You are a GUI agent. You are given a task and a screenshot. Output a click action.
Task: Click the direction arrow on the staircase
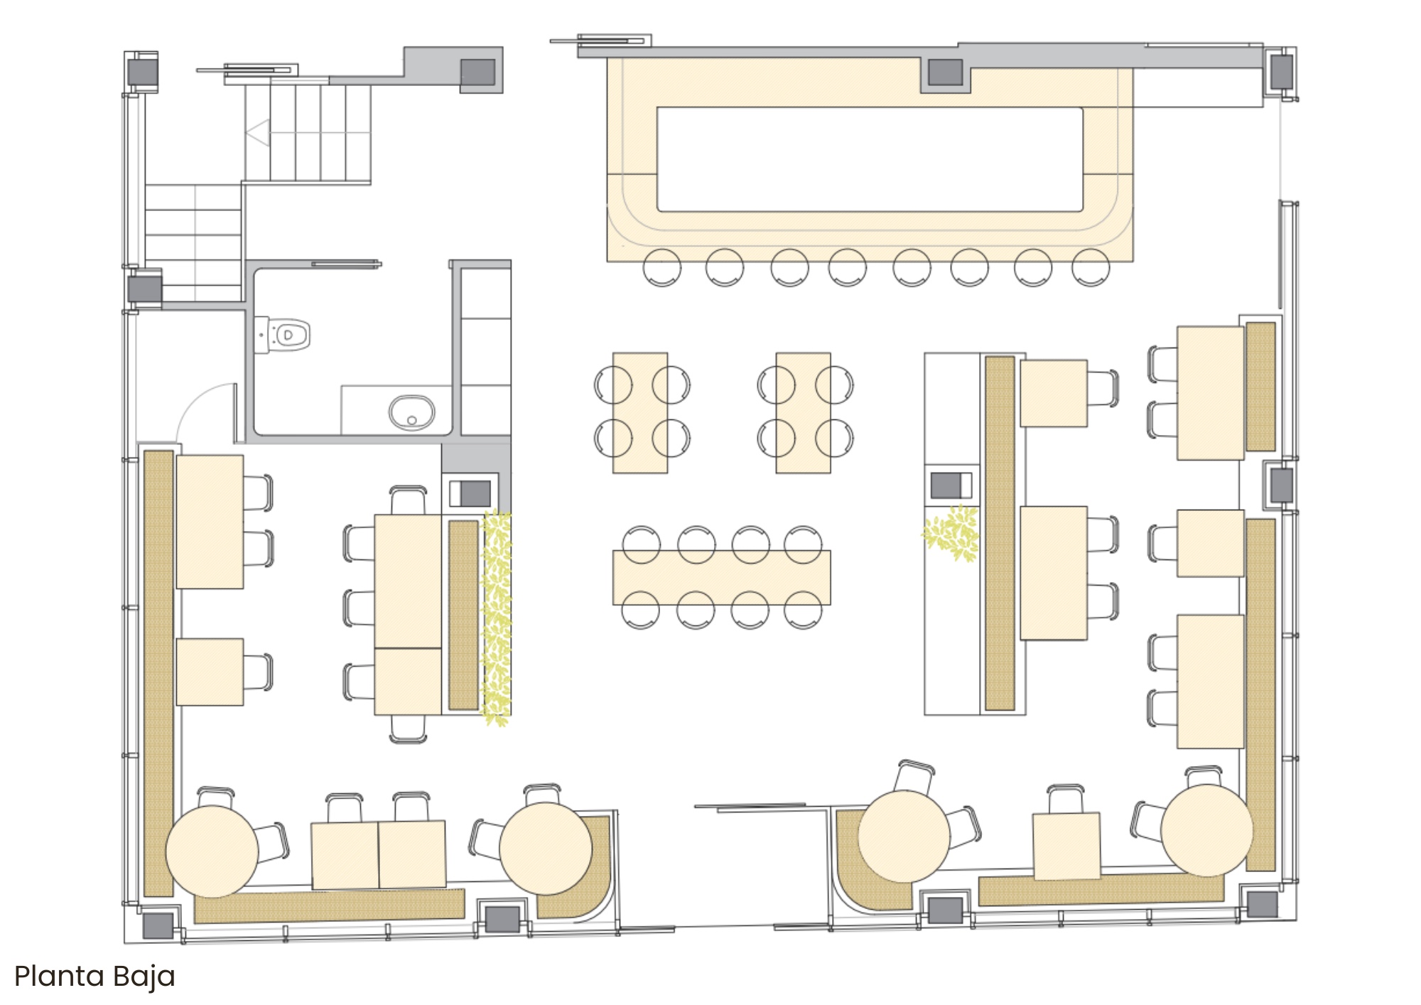click(x=258, y=133)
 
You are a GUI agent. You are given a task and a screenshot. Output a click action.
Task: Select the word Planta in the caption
click(x=59, y=977)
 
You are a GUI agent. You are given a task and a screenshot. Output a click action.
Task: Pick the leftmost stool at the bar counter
click(x=662, y=267)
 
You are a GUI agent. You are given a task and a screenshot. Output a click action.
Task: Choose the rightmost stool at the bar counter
click(x=1091, y=267)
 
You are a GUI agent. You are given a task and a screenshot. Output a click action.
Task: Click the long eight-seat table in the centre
click(x=722, y=577)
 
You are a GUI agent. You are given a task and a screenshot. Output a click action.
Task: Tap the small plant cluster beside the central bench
click(x=951, y=532)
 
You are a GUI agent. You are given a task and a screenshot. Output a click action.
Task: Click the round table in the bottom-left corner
click(x=212, y=851)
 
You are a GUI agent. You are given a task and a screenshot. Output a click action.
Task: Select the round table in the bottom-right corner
click(x=1206, y=830)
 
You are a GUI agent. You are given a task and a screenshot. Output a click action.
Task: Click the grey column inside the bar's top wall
click(x=946, y=72)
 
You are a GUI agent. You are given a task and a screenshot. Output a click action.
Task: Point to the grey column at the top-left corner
click(x=142, y=71)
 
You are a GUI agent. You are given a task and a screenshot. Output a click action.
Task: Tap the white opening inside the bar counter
click(x=870, y=159)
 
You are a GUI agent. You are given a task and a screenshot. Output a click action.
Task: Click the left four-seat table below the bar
click(x=640, y=412)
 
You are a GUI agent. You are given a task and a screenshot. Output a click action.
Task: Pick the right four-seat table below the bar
click(x=804, y=412)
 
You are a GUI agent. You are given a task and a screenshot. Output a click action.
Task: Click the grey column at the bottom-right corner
click(x=1263, y=903)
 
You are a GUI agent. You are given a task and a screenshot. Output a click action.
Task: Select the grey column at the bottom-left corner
click(x=158, y=925)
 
